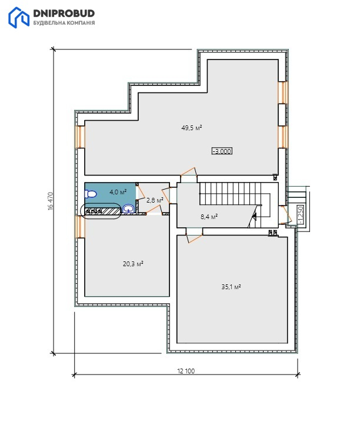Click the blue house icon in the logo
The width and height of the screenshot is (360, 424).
19,18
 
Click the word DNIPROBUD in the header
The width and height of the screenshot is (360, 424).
64,13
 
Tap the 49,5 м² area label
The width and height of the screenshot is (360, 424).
192,128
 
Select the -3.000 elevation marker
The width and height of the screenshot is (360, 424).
222,151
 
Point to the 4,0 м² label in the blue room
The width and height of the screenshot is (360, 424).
118,192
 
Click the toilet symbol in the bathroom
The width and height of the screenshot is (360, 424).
91,194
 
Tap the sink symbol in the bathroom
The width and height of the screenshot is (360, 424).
128,208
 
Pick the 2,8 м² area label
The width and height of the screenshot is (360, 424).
155,200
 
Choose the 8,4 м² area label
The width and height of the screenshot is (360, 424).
209,216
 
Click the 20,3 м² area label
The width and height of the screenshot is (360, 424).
133,264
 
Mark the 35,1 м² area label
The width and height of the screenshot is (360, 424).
231,287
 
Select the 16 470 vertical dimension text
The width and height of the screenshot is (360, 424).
51,201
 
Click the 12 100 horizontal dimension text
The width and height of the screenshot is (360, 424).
186,371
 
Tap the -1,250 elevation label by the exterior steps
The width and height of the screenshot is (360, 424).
301,215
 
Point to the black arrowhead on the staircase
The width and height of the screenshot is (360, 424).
254,216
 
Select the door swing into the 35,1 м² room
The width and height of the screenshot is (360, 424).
194,236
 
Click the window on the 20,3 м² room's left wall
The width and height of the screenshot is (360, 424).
80,227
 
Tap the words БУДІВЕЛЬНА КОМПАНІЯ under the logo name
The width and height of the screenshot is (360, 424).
64,23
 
